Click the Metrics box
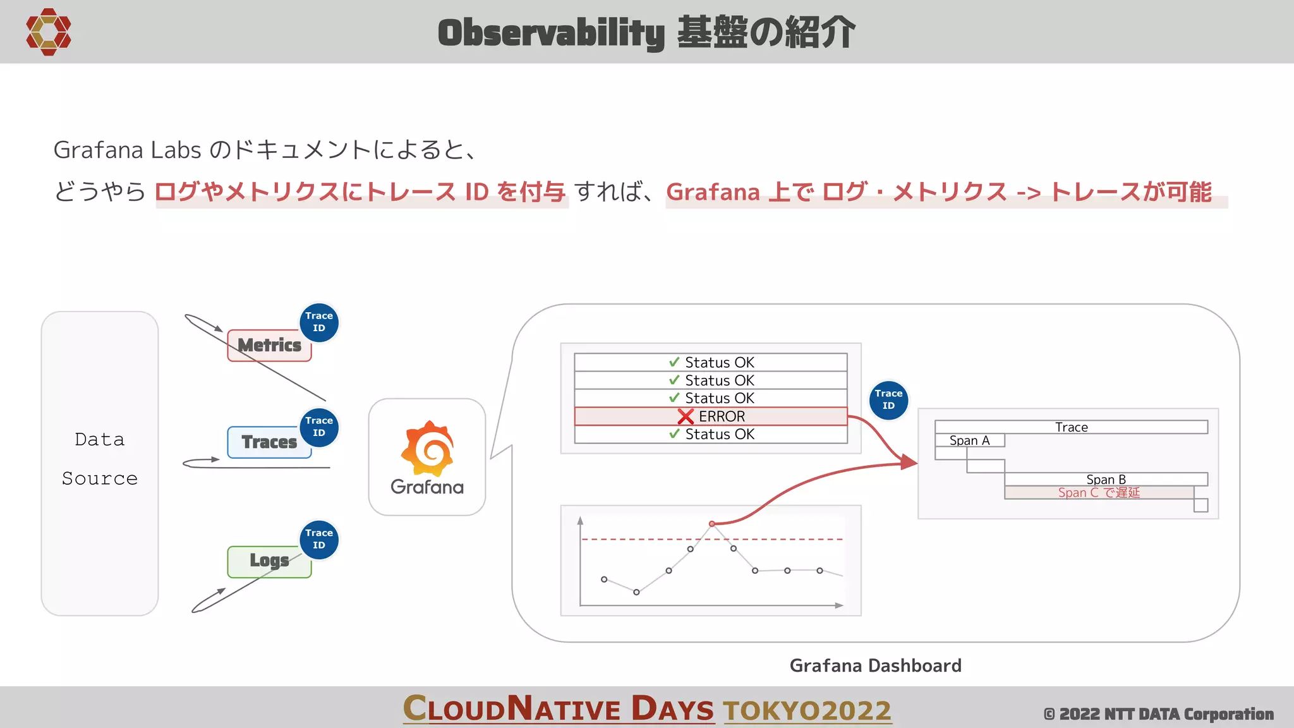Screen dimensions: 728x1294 click(x=269, y=346)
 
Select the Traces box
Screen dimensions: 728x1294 click(x=269, y=442)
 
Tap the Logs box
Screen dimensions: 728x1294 click(x=269, y=561)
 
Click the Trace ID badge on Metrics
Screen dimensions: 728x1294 click(x=319, y=322)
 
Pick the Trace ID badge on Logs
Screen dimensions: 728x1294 click(x=319, y=540)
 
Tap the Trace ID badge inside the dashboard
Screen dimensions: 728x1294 click(x=888, y=400)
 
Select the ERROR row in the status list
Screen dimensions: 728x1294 click(x=710, y=416)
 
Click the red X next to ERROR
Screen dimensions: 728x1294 click(x=686, y=417)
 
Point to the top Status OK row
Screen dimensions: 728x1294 click(x=710, y=363)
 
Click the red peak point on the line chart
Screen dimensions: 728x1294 click(x=712, y=524)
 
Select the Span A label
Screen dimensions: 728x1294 click(x=969, y=440)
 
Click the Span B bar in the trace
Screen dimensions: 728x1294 click(x=1106, y=479)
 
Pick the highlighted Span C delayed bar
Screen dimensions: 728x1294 click(x=1099, y=492)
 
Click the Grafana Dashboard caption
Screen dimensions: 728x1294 click(x=875, y=665)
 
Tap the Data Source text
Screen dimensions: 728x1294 click(x=100, y=459)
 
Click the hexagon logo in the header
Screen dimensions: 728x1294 click(x=49, y=32)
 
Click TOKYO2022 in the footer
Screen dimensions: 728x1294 click(x=807, y=710)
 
